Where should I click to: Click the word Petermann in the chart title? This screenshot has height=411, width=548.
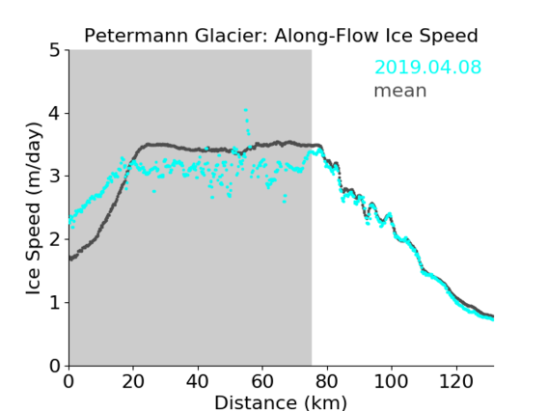(137, 36)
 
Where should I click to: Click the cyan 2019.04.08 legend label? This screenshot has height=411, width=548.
(427, 67)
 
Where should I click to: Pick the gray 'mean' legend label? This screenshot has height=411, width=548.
(400, 91)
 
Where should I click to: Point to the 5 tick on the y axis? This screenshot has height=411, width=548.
(55, 50)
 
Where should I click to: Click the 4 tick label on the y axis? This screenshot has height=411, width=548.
(55, 113)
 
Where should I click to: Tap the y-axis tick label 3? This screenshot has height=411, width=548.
(55, 177)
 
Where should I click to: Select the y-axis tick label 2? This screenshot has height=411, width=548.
(55, 239)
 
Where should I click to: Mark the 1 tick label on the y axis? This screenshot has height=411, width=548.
(55, 303)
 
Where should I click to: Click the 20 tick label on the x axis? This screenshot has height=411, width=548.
(133, 381)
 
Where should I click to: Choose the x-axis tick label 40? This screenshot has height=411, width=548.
(198, 381)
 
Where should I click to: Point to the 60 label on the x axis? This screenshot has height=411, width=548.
(262, 381)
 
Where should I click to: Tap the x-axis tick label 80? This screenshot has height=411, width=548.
(327, 381)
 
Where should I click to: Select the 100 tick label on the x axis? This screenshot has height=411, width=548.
(391, 381)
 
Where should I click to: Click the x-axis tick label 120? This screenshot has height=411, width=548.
(456, 381)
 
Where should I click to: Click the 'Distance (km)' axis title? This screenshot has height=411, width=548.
(281, 402)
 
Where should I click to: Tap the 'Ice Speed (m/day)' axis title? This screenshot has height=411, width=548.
(34, 208)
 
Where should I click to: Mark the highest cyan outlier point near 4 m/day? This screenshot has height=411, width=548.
(246, 110)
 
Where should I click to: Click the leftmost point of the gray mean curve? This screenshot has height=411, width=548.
(70, 259)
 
